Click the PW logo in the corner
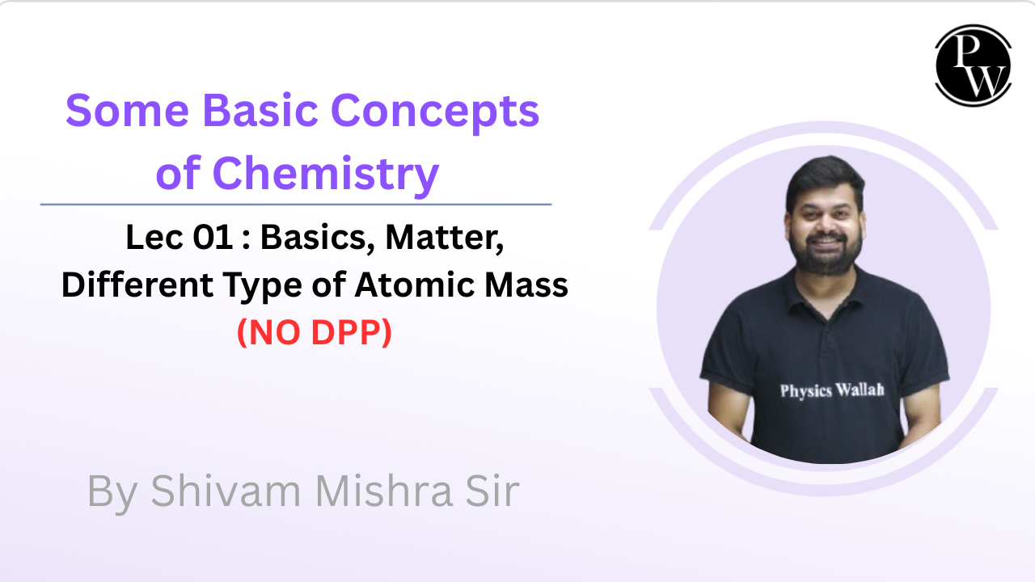pos(973,65)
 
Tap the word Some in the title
pos(128,111)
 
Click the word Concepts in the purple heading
pos(435,113)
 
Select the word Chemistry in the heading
pos(325,174)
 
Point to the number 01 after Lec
pos(213,238)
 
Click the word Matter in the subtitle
pos(445,238)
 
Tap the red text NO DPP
pos(315,332)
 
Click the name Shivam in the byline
pos(226,491)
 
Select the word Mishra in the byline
pos(384,491)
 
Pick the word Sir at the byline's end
pos(492,491)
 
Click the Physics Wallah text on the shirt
pos(832,390)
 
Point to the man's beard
pos(826,256)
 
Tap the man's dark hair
pos(826,178)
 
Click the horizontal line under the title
pos(296,205)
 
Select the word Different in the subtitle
pos(137,285)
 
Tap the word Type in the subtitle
pos(264,287)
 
